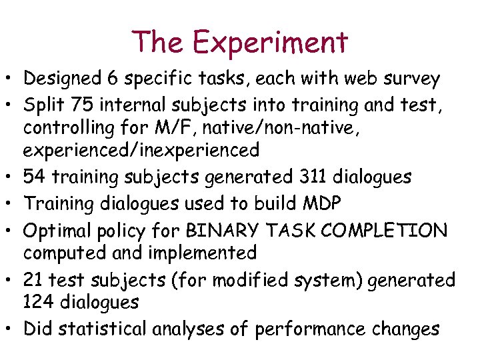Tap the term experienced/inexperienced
click(x=141, y=151)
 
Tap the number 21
click(x=34, y=280)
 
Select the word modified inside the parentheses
click(x=237, y=280)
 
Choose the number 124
click(x=41, y=303)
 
